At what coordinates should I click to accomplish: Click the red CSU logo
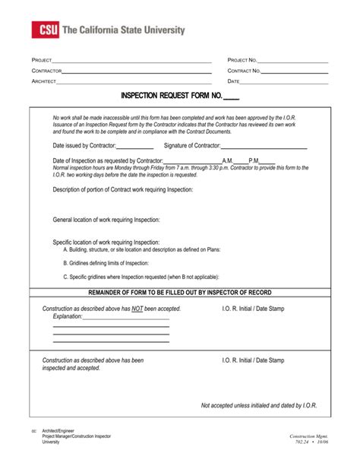(43, 30)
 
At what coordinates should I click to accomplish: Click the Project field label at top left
(42, 60)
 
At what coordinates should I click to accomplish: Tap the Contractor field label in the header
(46, 71)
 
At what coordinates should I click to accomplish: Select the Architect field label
(44, 81)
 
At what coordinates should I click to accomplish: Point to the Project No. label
(243, 60)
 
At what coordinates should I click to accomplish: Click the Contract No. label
(245, 71)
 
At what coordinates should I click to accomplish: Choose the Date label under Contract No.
(234, 81)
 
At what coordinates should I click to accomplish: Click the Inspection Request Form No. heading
(179, 97)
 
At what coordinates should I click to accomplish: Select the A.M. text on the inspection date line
(228, 161)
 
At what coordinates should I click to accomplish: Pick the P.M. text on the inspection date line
(254, 161)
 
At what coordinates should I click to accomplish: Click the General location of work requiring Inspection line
(106, 220)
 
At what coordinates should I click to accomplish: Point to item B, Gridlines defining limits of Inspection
(106, 262)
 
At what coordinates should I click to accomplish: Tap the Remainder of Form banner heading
(180, 293)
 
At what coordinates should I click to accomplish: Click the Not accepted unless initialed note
(259, 406)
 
